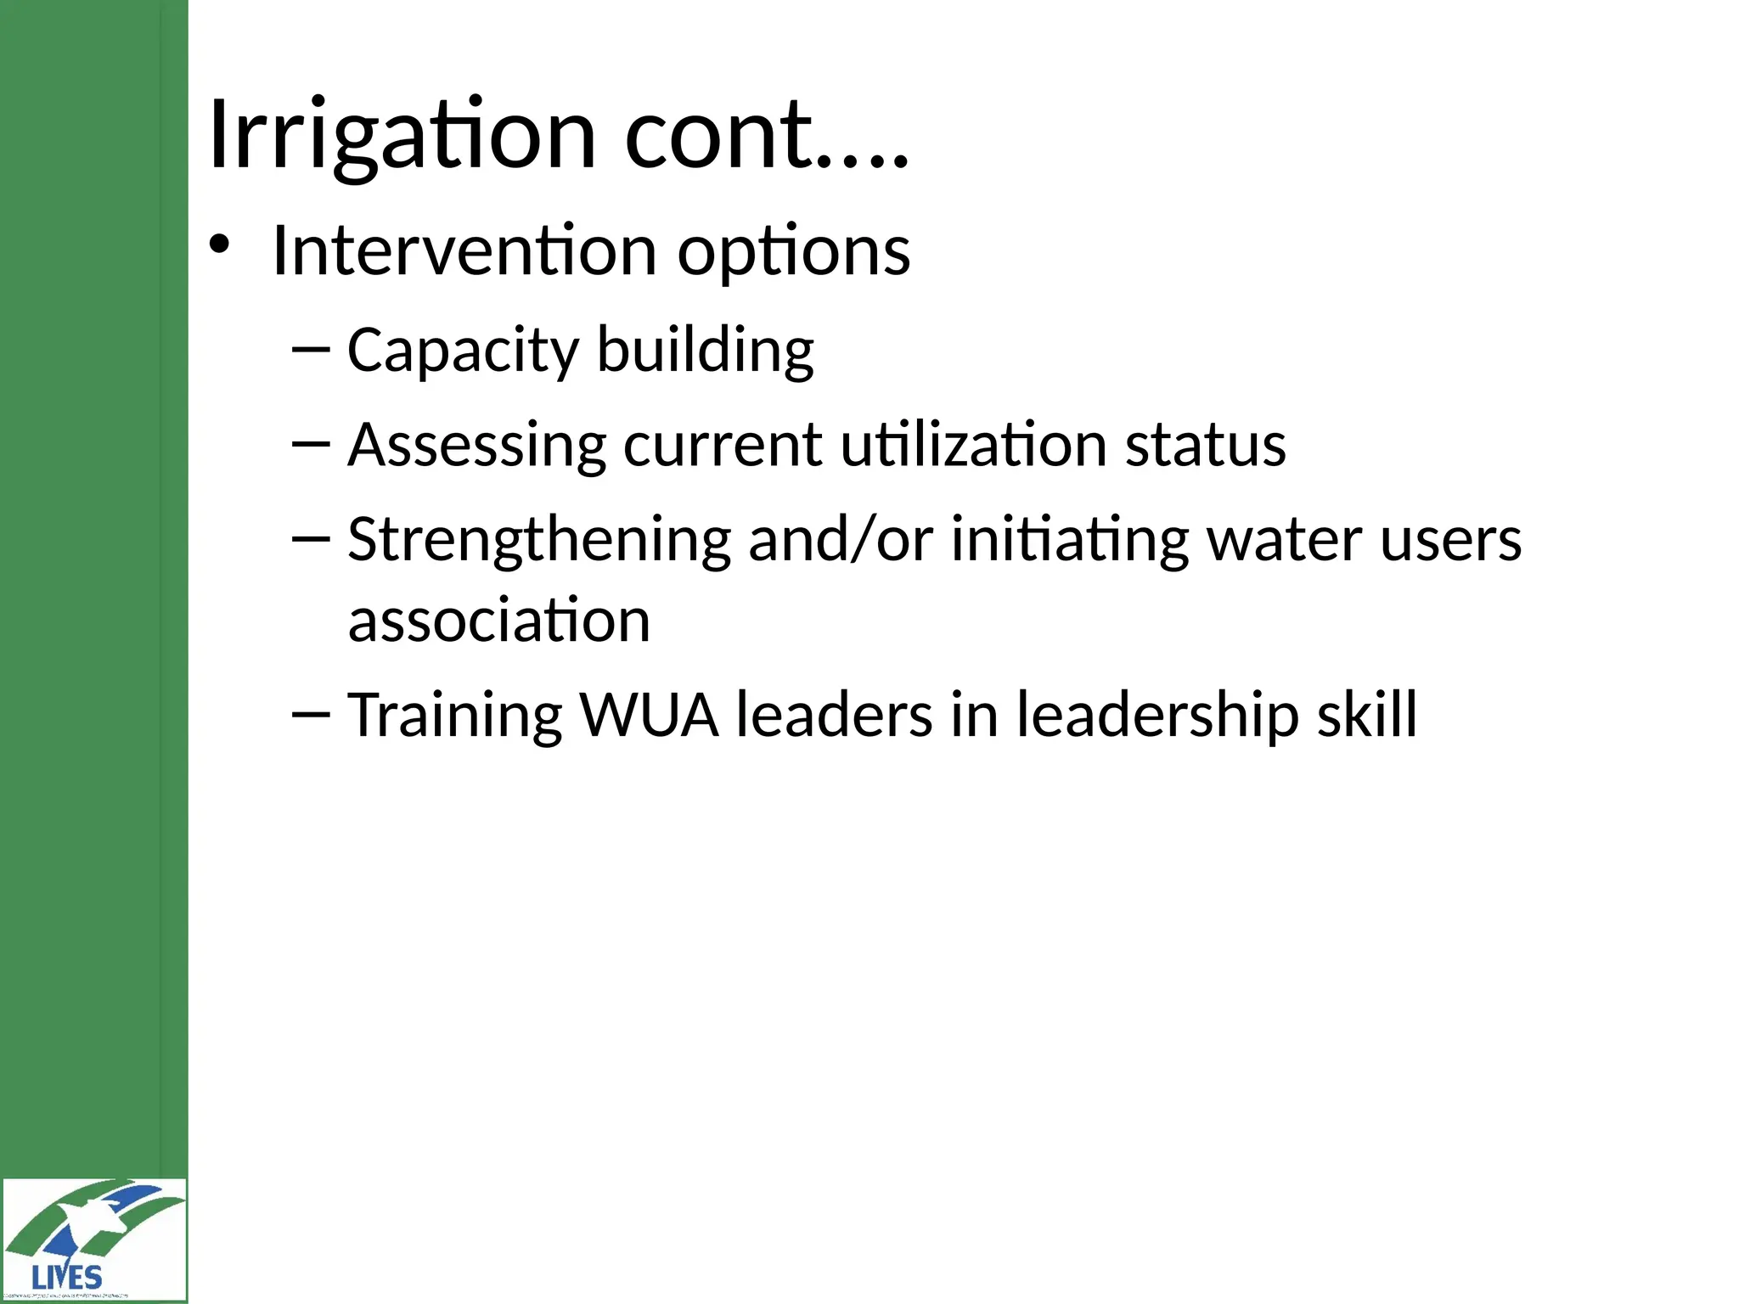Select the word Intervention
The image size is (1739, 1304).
(x=464, y=251)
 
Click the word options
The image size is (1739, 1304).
(x=794, y=253)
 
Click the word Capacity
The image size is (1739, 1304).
(x=464, y=351)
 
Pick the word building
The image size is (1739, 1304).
(x=705, y=351)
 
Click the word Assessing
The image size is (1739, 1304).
(x=476, y=445)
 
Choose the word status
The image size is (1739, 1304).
(x=1205, y=445)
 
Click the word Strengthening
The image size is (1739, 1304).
(x=539, y=541)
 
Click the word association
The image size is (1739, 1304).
(x=499, y=620)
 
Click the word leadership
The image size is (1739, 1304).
(x=1158, y=715)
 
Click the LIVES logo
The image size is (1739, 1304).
(x=93, y=1239)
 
